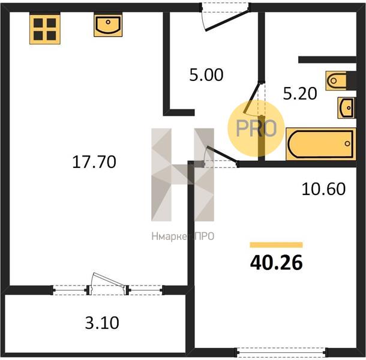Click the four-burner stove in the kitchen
[45, 29]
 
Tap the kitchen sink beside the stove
[108, 25]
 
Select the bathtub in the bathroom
[321, 144]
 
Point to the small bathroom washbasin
[346, 107]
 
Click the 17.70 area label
[94, 162]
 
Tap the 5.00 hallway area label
[206, 75]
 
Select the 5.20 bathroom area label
[300, 94]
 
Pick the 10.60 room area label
[323, 189]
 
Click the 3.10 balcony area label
[102, 323]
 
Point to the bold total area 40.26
[277, 263]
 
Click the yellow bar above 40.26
[277, 245]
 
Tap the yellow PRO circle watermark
[256, 128]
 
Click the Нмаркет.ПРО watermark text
[183, 236]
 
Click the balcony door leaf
[109, 279]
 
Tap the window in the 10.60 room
[281, 352]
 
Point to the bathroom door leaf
[252, 97]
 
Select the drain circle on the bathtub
[347, 143]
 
